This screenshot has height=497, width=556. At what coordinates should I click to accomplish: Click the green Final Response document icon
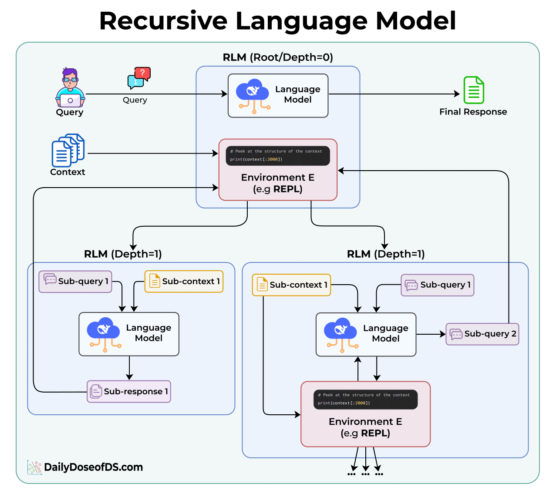(x=474, y=90)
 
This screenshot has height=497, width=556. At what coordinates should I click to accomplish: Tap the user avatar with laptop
(x=70, y=88)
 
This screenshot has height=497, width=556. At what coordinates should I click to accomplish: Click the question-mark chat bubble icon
(x=139, y=78)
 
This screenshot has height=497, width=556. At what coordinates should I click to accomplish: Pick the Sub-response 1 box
(x=129, y=392)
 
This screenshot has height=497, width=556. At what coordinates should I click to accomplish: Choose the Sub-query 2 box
(x=482, y=334)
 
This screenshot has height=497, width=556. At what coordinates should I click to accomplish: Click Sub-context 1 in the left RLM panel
(x=184, y=282)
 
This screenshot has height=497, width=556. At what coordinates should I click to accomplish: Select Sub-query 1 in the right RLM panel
(x=437, y=285)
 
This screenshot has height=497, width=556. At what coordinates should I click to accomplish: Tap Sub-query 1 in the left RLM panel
(x=75, y=282)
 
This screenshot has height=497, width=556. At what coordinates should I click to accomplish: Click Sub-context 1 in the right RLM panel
(x=291, y=285)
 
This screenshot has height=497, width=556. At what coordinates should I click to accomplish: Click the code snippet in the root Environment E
(x=278, y=156)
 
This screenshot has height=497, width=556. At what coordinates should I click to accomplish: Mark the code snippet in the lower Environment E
(x=365, y=400)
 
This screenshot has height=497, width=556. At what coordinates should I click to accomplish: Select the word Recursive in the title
(x=163, y=21)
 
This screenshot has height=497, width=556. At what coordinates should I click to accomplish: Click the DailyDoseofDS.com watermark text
(x=93, y=467)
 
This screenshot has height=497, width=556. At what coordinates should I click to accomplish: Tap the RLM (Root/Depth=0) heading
(x=278, y=57)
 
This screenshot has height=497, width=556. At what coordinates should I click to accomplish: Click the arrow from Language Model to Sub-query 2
(x=431, y=334)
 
